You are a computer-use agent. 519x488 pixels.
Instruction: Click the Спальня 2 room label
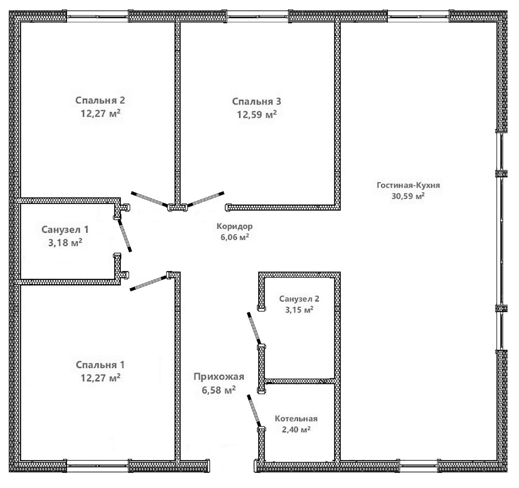click(100, 100)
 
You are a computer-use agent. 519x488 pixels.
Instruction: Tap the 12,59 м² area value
click(257, 114)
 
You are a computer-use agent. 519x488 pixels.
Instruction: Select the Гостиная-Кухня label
click(408, 185)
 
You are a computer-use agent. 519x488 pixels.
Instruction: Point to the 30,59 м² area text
click(408, 196)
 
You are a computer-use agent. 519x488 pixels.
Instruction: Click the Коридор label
click(234, 226)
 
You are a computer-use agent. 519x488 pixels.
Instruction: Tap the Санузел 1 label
click(65, 230)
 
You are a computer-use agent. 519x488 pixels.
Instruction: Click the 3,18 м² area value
click(65, 243)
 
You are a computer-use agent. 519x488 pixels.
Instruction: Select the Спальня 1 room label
click(100, 365)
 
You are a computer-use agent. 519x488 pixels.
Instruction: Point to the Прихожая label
click(219, 377)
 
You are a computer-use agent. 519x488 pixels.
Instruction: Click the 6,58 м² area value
click(219, 390)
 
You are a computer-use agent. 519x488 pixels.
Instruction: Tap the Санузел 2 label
click(299, 299)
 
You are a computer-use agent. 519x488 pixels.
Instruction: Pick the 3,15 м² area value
click(299, 310)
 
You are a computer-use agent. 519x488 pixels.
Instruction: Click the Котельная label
click(296, 418)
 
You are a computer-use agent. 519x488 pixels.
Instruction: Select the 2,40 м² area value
click(296, 429)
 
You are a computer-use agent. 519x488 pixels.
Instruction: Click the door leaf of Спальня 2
click(149, 199)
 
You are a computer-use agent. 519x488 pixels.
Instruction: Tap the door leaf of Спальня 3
click(206, 199)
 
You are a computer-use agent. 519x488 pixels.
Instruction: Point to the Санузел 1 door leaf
click(125, 236)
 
